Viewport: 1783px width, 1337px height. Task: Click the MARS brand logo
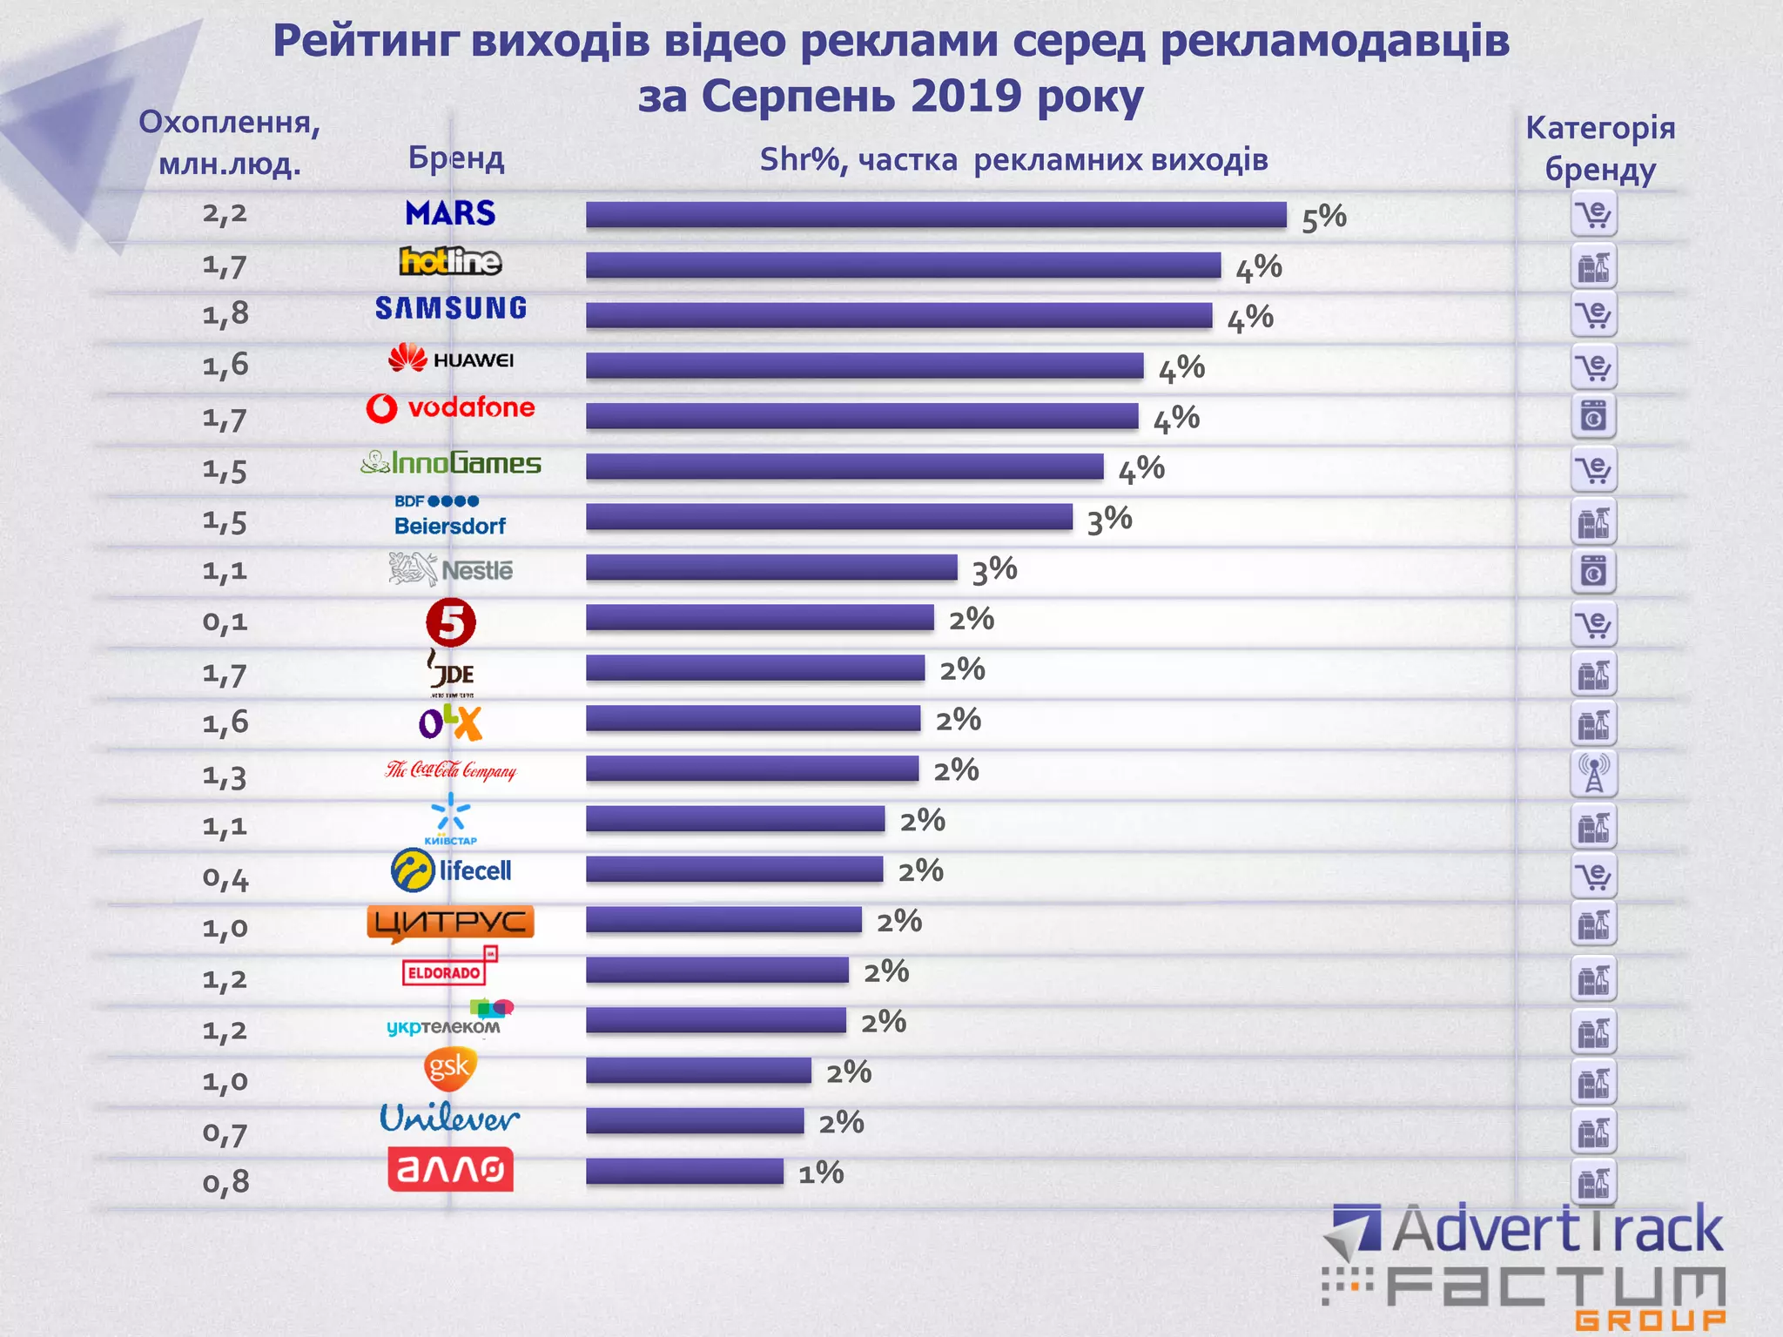point(450,213)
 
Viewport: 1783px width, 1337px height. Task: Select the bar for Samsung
point(898,315)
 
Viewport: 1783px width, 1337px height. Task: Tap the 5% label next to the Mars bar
point(1323,218)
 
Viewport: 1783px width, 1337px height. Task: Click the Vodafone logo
point(450,407)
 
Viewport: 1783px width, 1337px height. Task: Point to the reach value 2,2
point(225,213)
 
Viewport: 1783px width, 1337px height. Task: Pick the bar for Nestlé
point(771,568)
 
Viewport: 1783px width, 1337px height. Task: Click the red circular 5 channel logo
point(451,622)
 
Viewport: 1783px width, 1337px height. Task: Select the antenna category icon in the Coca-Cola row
point(1594,773)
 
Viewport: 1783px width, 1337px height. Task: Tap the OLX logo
point(450,722)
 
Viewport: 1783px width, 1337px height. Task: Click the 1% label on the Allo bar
point(821,1173)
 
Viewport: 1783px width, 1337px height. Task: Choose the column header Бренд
point(456,158)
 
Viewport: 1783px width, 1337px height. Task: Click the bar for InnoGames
point(844,467)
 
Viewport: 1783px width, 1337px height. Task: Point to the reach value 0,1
point(225,622)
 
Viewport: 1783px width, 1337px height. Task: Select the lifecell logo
point(451,870)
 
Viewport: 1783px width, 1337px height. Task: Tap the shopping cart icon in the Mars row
point(1594,214)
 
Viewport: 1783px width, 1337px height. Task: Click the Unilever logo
point(449,1119)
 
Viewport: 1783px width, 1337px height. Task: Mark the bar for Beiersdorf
point(829,517)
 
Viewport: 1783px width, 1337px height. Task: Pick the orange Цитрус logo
point(450,923)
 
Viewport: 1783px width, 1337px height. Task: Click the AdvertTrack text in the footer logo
point(1557,1229)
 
